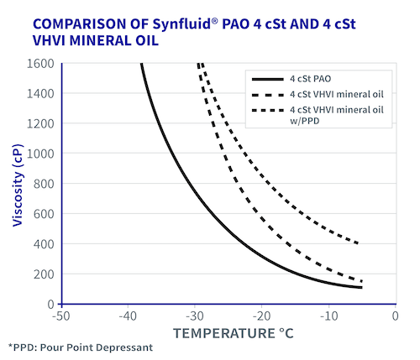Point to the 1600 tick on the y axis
[x=41, y=64]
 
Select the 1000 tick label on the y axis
[x=41, y=154]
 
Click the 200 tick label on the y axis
[x=45, y=274]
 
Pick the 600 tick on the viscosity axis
[x=45, y=214]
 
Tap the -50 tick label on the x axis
[x=60, y=316]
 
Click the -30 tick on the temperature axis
[x=194, y=316]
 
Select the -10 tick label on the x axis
[x=328, y=316]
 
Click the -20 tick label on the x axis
[x=261, y=316]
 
